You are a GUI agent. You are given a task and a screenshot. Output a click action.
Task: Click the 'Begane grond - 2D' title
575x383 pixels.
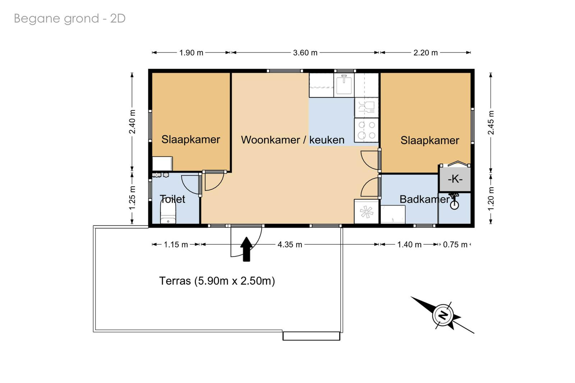[x=70, y=19]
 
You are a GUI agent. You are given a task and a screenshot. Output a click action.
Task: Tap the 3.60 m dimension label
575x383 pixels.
[x=305, y=52]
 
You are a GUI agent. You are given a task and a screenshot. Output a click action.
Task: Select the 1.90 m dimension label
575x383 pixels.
[x=191, y=52]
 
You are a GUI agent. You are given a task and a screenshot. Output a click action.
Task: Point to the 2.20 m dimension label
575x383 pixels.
[x=425, y=52]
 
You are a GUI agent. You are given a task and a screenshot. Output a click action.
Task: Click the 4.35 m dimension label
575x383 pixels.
[x=290, y=244]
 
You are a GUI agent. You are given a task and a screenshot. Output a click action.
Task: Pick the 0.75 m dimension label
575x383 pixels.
[x=455, y=244]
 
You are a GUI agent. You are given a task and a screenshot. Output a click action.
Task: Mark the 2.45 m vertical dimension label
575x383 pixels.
[x=491, y=123]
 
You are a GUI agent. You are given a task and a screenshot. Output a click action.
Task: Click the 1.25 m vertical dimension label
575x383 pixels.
[x=132, y=198]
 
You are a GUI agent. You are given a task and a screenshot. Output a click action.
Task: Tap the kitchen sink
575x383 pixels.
[x=344, y=85]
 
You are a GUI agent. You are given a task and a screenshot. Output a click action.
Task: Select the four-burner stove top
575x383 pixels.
[x=367, y=130]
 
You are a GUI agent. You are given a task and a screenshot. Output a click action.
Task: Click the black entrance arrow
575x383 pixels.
[x=247, y=249]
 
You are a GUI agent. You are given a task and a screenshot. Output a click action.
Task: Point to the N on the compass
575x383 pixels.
[x=442, y=315]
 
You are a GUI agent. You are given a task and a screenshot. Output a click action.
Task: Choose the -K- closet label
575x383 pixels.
[x=455, y=179]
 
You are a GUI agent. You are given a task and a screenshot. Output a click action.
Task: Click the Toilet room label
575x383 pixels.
[x=172, y=199]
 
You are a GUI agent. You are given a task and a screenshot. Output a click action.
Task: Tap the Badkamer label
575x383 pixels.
[x=424, y=199]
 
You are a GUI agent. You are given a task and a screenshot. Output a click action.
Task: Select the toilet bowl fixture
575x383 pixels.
[x=168, y=211]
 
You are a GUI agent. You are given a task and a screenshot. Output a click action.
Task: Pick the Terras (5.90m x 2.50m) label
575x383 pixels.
[x=217, y=281]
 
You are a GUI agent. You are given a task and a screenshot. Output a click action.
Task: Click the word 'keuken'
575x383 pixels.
[x=327, y=140]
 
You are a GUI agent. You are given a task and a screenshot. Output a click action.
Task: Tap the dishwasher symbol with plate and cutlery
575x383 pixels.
[x=367, y=107]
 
